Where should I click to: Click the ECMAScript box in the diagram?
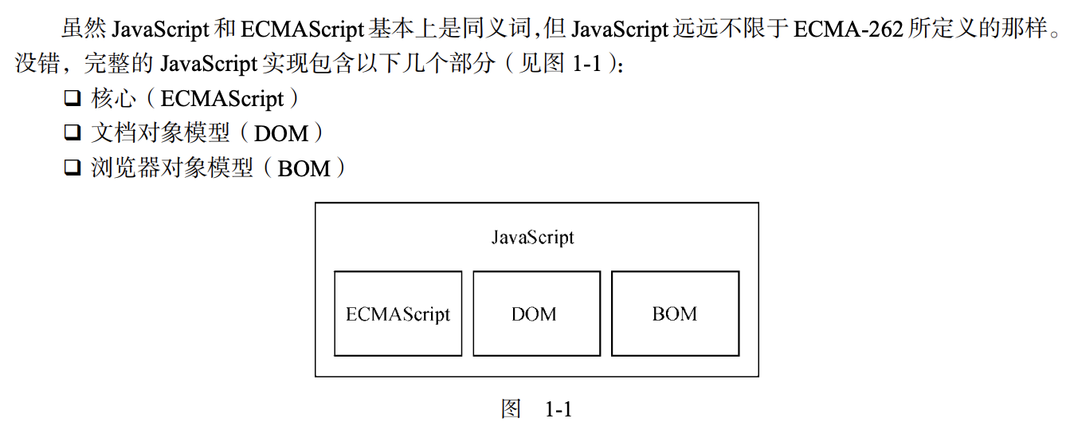398,314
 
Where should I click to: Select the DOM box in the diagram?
536,314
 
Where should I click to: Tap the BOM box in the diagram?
675,314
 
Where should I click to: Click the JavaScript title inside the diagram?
532,238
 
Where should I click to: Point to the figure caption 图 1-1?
536,410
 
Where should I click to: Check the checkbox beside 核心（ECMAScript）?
73,100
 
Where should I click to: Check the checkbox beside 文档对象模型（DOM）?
73,133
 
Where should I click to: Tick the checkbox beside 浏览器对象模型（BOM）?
73,168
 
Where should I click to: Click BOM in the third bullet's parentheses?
304,168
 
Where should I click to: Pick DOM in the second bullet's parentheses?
281,134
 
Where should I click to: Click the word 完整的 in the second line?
120,65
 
